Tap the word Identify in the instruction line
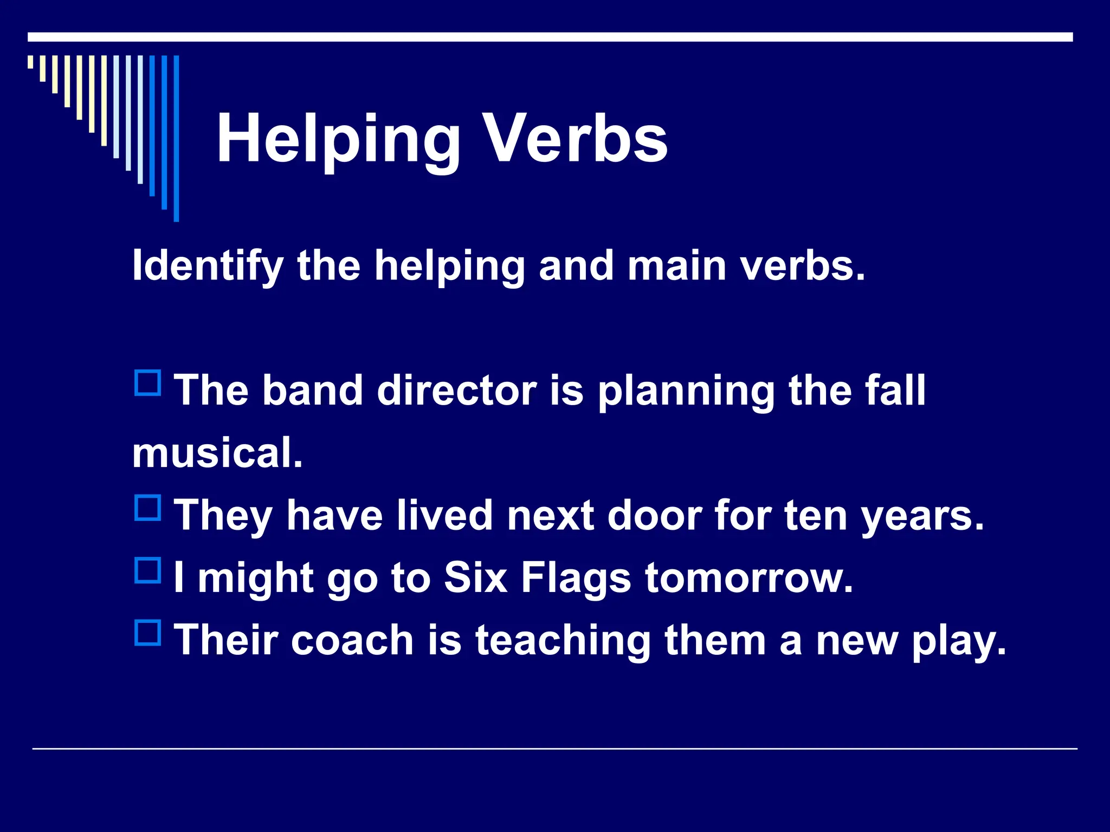click(208, 266)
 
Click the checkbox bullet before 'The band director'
click(147, 383)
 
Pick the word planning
click(686, 391)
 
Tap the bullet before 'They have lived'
click(147, 508)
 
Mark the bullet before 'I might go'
click(147, 570)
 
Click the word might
click(256, 578)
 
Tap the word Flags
click(576, 578)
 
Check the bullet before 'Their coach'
click(147, 633)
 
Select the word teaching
click(563, 641)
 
